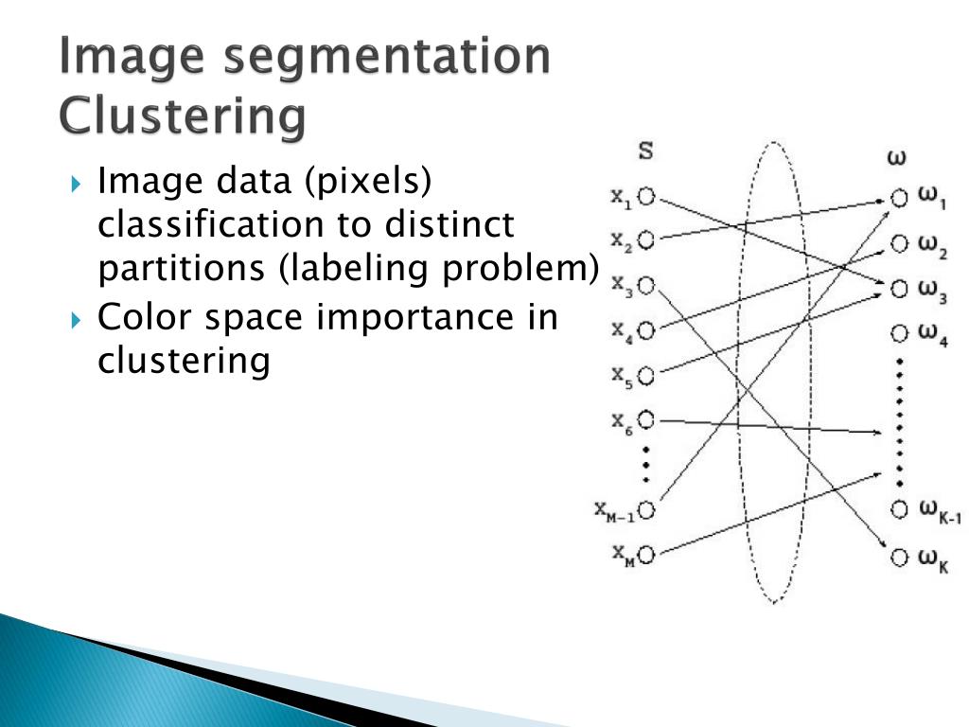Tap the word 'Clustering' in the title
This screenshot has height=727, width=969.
[x=182, y=116]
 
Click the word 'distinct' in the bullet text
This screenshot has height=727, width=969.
[x=449, y=224]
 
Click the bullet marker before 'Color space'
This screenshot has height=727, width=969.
[x=78, y=319]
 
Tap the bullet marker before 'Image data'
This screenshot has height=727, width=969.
[x=78, y=182]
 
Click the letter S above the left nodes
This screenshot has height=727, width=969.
[x=645, y=151]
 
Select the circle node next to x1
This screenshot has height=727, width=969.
[x=646, y=197]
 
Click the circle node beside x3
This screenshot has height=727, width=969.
[x=646, y=284]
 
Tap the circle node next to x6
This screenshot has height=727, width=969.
[x=646, y=419]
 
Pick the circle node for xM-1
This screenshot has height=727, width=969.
[x=646, y=510]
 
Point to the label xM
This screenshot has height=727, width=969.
[x=622, y=553]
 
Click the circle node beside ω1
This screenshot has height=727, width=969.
[x=899, y=198]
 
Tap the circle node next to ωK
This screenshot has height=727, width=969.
[x=899, y=556]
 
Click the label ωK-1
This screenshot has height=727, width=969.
[x=940, y=511]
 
